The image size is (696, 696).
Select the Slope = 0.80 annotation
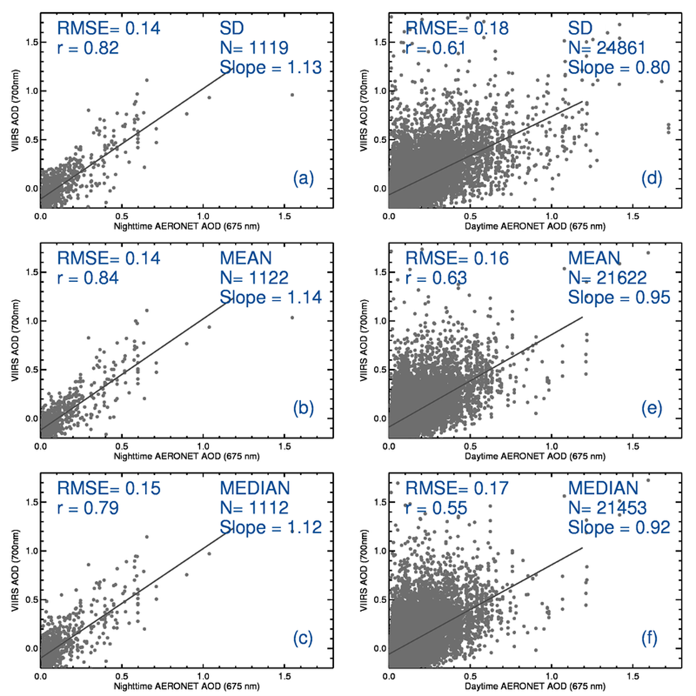tap(619, 68)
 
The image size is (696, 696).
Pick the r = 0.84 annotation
tap(87, 278)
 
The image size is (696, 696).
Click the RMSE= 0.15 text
tap(109, 488)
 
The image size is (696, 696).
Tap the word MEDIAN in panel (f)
tap(602, 488)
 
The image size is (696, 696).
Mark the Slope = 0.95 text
tap(619, 297)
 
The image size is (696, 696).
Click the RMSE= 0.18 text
tap(458, 29)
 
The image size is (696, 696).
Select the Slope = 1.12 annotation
tap(271, 527)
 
